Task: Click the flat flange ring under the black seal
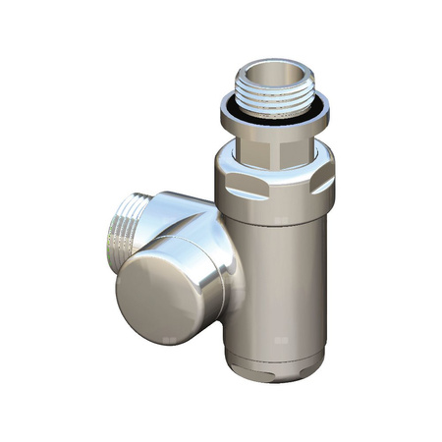pos(276,122)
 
